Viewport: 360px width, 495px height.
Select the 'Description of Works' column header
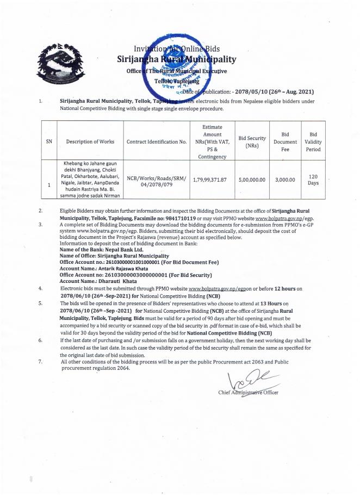[90, 141]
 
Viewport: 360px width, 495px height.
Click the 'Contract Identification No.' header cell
[156, 141]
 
